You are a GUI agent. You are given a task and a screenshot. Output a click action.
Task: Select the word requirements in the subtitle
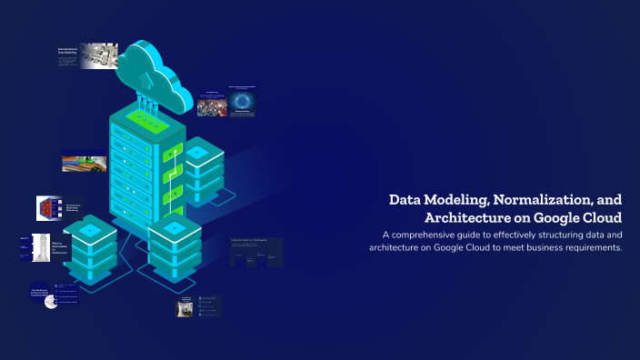[587, 248]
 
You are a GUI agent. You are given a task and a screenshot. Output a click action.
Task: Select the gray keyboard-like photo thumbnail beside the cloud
[99, 55]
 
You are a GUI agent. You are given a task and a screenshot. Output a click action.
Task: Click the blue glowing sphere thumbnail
[243, 101]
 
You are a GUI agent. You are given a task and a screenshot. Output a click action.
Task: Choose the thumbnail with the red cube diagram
[47, 208]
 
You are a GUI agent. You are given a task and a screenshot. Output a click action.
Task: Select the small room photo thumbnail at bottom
[185, 308]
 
